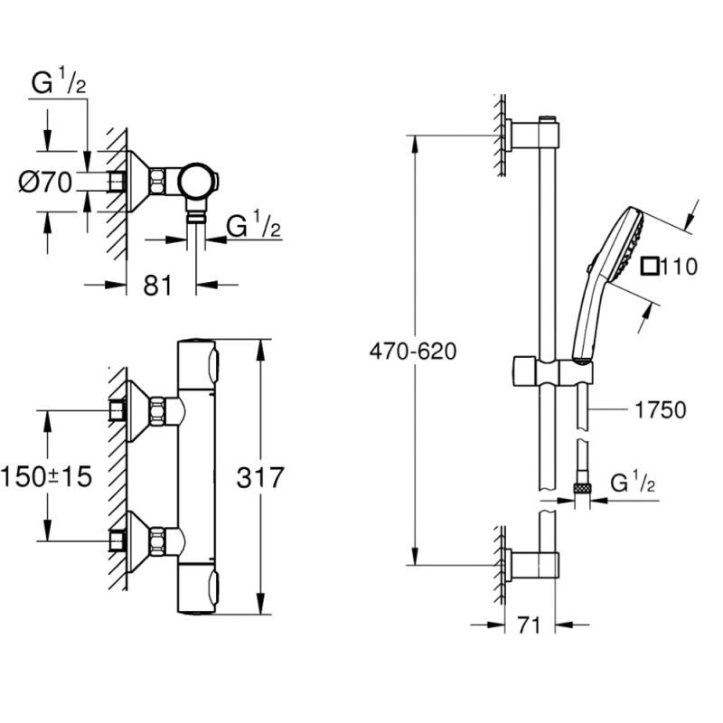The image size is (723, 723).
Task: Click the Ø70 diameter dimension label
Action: pyautogui.click(x=45, y=183)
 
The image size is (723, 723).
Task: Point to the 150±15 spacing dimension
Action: pyautogui.click(x=46, y=476)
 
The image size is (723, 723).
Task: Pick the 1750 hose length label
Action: pyautogui.click(x=655, y=411)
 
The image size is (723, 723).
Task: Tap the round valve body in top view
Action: pyautogui.click(x=196, y=181)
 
